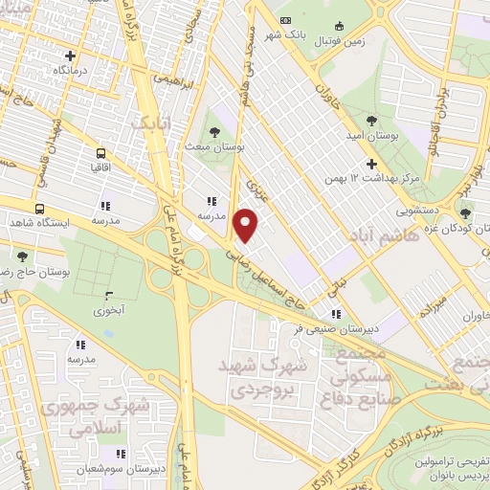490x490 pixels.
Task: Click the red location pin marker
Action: pyautogui.click(x=247, y=225)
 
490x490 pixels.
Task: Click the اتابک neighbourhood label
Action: pyautogui.click(x=152, y=122)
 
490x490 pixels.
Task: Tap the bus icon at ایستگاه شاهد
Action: pyautogui.click(x=39, y=209)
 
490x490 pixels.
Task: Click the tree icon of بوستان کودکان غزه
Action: pyautogui.click(x=465, y=213)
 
